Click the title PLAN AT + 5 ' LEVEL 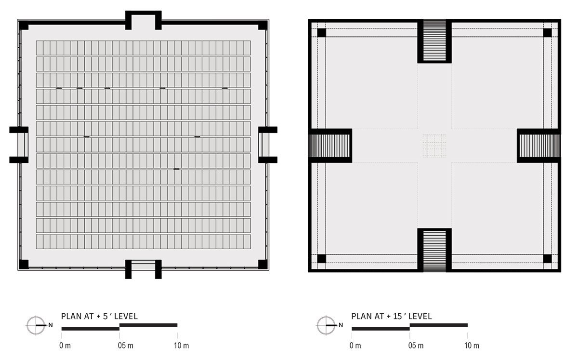(x=99, y=316)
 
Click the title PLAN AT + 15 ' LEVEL (x=392, y=316)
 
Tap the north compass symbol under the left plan (x=36, y=325)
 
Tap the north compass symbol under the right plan (x=326, y=325)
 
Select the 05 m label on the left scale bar (x=126, y=346)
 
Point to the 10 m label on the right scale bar (x=472, y=346)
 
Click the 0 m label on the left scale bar (x=65, y=346)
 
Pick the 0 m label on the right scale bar (x=355, y=346)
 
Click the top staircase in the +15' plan (x=434, y=40)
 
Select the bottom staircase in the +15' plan (x=434, y=251)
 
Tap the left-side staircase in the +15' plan (x=329, y=146)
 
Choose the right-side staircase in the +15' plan (x=540, y=146)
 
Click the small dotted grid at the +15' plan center (x=434, y=146)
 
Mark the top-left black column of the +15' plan (x=322, y=33)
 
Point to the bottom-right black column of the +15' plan (x=547, y=258)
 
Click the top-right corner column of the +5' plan (x=263, y=26)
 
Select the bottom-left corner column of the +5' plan (x=24, y=264)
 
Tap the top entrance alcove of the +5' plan (x=144, y=21)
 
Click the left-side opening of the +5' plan (x=19, y=145)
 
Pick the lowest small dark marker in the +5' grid (x=176, y=169)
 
